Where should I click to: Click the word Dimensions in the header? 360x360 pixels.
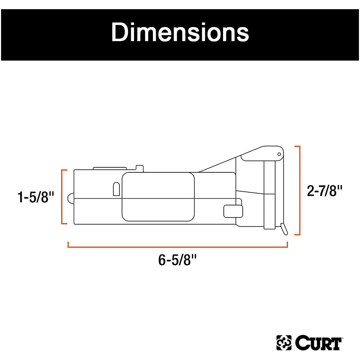point(180,33)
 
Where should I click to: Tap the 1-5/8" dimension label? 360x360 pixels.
point(36,197)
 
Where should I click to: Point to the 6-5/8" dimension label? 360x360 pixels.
point(177,261)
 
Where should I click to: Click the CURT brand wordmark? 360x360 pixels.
point(318,343)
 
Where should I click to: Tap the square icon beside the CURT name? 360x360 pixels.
point(284,343)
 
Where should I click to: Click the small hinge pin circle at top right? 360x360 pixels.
point(279,154)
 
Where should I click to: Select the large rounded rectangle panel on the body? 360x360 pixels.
point(158,197)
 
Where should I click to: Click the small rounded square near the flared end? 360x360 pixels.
point(233,211)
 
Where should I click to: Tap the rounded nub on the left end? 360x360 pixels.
point(70,198)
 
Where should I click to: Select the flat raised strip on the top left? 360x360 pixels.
point(109,168)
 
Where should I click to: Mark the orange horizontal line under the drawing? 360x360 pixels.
point(178,247)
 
